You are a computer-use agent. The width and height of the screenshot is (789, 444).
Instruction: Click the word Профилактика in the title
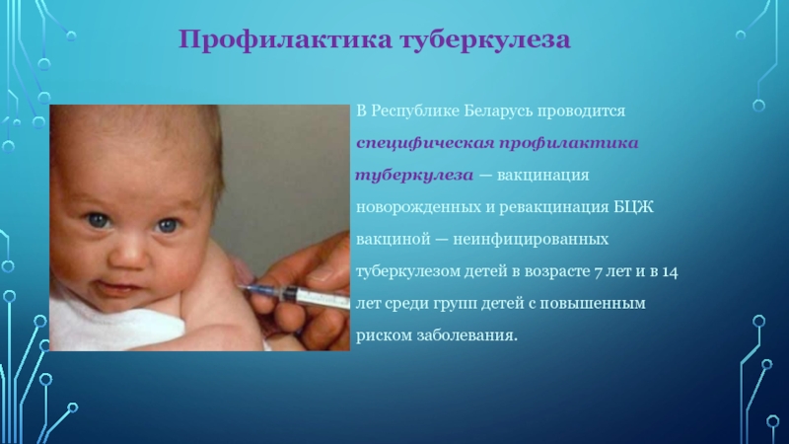[285, 39]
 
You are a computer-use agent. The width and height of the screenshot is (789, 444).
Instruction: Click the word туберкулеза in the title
[485, 39]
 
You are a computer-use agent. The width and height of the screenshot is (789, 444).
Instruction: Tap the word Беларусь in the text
[498, 111]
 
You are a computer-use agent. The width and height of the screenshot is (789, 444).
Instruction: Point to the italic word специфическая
[425, 144]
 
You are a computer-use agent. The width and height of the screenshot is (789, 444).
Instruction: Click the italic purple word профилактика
[569, 144]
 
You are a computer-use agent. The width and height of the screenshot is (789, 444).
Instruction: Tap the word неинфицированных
[531, 240]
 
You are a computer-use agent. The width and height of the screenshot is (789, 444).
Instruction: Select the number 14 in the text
[670, 272]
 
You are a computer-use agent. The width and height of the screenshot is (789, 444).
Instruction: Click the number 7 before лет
[598, 272]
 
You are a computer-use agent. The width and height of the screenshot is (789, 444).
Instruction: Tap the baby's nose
[129, 256]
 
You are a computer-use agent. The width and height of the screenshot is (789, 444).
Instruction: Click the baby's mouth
[119, 289]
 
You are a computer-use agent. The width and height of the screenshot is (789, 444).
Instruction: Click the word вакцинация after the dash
[543, 176]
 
